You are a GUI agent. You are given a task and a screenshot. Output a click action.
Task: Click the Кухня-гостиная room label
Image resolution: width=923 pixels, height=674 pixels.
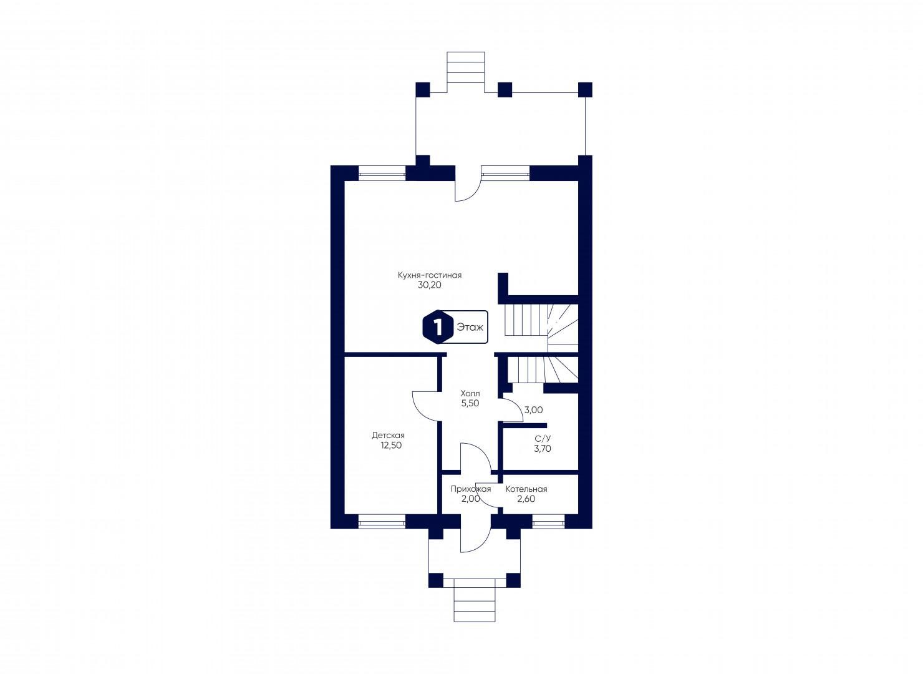click(429, 275)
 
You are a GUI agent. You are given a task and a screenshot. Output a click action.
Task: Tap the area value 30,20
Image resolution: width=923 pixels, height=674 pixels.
click(429, 285)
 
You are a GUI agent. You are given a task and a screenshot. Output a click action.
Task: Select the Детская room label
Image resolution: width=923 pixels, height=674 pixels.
click(388, 435)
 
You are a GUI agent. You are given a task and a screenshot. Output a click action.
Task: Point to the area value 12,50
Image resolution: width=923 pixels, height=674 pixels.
click(391, 445)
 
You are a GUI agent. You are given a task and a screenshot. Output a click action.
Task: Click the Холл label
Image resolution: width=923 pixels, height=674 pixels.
click(470, 393)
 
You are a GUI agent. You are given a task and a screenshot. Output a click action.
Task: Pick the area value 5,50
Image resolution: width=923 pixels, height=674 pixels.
click(470, 403)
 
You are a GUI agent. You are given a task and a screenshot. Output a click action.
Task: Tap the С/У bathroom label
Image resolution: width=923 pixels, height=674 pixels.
click(543, 439)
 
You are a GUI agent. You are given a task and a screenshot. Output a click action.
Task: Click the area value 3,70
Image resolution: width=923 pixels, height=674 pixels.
click(543, 449)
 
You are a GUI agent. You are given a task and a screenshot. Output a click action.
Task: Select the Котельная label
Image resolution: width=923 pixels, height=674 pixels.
click(526, 489)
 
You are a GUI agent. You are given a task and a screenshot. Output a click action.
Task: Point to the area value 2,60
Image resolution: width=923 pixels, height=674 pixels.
click(526, 499)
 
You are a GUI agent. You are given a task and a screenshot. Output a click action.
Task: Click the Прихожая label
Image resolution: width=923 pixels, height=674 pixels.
click(471, 489)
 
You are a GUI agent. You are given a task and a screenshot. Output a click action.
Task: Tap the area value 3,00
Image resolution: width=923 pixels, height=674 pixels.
click(533, 410)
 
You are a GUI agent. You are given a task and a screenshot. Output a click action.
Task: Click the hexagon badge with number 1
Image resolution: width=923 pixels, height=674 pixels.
click(438, 327)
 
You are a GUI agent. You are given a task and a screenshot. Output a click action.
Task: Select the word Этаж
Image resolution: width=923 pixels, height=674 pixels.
click(470, 327)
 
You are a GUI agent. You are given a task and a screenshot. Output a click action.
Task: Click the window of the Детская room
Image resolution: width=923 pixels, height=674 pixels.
click(382, 522)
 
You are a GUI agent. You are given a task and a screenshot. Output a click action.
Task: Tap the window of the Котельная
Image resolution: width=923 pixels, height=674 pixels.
click(548, 522)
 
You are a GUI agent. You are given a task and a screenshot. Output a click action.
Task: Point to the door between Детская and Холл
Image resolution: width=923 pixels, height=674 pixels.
click(427, 406)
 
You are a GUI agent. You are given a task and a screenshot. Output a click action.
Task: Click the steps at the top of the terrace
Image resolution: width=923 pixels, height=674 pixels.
click(466, 72)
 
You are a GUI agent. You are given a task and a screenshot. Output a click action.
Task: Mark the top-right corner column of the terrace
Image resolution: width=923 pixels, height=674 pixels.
click(585, 89)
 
